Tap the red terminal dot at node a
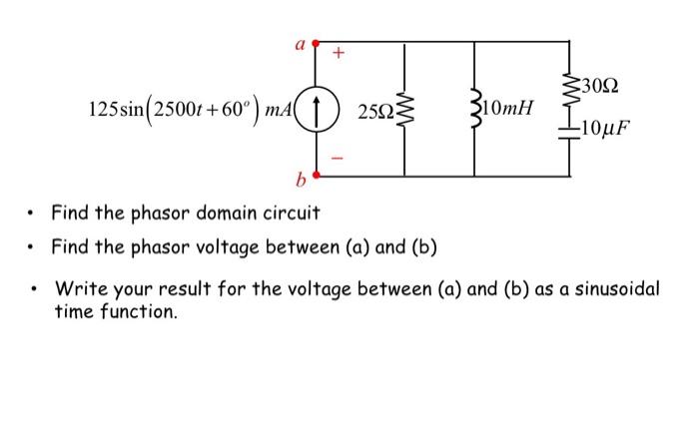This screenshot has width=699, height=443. coord(317,43)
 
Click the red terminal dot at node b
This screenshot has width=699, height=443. coord(317,174)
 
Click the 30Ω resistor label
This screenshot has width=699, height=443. coord(602,85)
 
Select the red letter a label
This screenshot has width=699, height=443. coord(298,43)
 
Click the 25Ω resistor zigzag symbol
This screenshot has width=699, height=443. coord(405,109)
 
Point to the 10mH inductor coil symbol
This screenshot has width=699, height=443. coord(475,109)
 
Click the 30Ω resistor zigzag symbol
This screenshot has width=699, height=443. coord(570,86)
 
